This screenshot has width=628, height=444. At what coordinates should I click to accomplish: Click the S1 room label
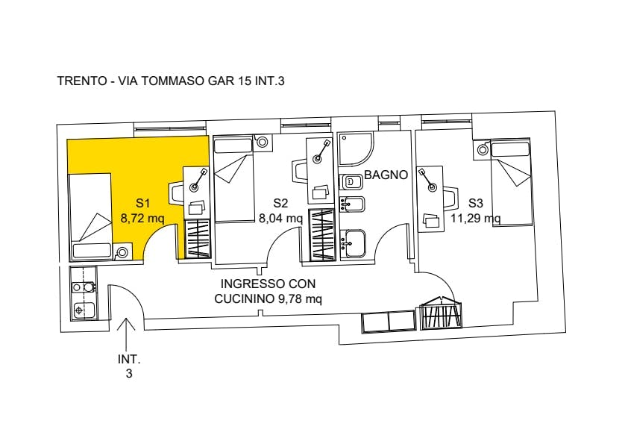pyautogui.click(x=143, y=203)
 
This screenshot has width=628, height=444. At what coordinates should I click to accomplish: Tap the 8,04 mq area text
pyautogui.click(x=280, y=219)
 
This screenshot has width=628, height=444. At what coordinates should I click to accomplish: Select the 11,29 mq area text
pyautogui.click(x=475, y=219)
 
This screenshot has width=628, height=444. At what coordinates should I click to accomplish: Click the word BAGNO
pyautogui.click(x=386, y=176)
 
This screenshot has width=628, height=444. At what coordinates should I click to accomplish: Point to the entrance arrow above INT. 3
pyautogui.click(x=126, y=328)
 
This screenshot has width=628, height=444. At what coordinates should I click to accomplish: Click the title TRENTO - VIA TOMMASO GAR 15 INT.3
pyautogui.click(x=172, y=81)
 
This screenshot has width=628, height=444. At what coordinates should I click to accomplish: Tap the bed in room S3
pyautogui.click(x=511, y=182)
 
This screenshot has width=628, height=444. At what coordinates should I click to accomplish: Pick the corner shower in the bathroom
pyautogui.click(x=356, y=149)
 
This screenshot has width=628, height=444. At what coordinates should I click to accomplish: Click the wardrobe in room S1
pyautogui.click(x=198, y=239)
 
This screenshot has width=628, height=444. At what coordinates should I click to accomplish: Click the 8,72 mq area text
pyautogui.click(x=142, y=219)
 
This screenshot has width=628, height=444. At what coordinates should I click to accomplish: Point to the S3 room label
pyautogui.click(x=476, y=203)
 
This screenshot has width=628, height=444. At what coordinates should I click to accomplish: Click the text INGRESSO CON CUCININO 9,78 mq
pyautogui.click(x=268, y=291)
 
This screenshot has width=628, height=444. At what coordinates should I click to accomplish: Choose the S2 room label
pyautogui.click(x=280, y=203)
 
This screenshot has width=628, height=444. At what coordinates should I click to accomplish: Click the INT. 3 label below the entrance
pyautogui.click(x=129, y=366)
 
